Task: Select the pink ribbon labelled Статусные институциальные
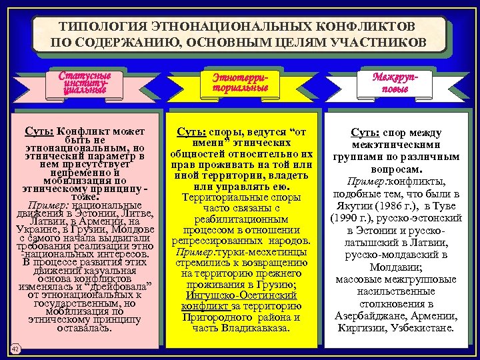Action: pyautogui.click(x=85, y=83)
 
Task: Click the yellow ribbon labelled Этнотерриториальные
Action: pyautogui.click(x=241, y=83)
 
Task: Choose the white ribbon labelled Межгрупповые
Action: pyautogui.click(x=399, y=83)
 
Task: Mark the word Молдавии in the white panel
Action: pyautogui.click(x=399, y=267)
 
